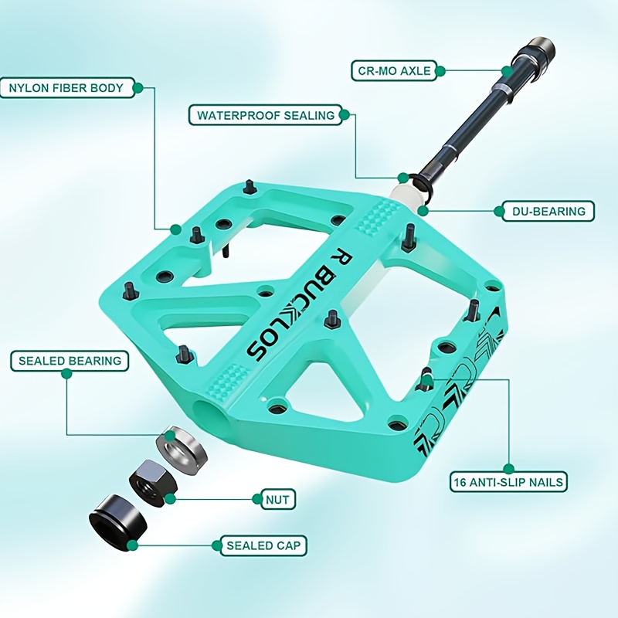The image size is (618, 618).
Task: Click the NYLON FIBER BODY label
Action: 66,87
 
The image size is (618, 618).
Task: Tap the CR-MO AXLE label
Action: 394,71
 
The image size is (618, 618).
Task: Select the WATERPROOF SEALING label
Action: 266,115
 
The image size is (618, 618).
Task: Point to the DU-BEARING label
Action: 548,211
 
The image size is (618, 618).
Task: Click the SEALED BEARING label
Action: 70,361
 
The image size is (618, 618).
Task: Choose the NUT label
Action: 277,500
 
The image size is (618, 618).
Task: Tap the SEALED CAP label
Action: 263,545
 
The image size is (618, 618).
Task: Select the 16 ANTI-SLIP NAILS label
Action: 508,481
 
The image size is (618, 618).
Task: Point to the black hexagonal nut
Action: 151,484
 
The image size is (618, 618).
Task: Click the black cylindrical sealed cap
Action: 118,523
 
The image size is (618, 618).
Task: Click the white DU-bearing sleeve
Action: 408,196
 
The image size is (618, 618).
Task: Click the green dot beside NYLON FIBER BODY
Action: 138,87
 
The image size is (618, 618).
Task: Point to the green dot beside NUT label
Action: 257,500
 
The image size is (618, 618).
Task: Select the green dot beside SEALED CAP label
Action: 216,545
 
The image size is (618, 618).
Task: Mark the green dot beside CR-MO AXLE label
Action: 440,71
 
